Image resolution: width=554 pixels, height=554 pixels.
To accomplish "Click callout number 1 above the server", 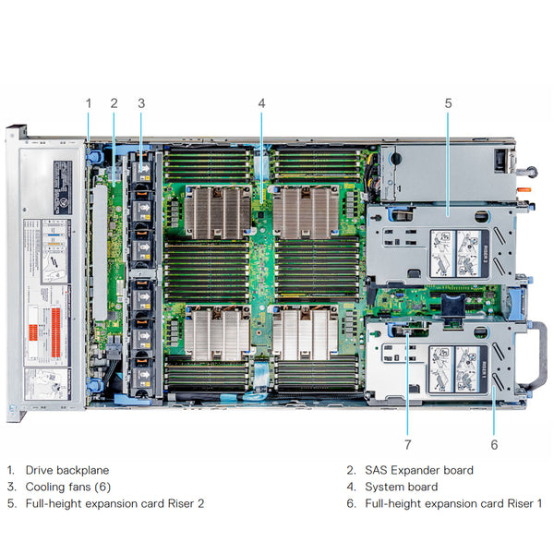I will click(x=89, y=103).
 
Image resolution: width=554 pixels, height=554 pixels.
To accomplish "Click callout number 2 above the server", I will click(x=114, y=103).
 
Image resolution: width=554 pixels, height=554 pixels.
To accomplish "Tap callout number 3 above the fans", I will click(x=141, y=103).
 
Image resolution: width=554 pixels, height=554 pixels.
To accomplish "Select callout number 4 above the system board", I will click(x=261, y=103).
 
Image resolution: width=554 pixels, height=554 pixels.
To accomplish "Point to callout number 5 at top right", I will click(x=448, y=103).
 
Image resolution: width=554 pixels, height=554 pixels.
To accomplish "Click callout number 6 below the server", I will click(x=494, y=444).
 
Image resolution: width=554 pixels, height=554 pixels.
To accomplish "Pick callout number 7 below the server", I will click(x=406, y=444).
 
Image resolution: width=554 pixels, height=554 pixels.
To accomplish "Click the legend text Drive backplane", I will click(x=66, y=470).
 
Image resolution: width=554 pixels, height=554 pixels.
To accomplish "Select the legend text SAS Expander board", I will click(x=418, y=470).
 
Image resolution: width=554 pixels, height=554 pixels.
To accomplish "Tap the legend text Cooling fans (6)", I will click(x=67, y=487).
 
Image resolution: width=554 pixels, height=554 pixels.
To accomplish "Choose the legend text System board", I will click(x=401, y=487).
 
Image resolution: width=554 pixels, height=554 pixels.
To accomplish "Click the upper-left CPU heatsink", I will click(x=217, y=211).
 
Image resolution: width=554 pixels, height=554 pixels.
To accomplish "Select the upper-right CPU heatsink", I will click(x=306, y=211).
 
